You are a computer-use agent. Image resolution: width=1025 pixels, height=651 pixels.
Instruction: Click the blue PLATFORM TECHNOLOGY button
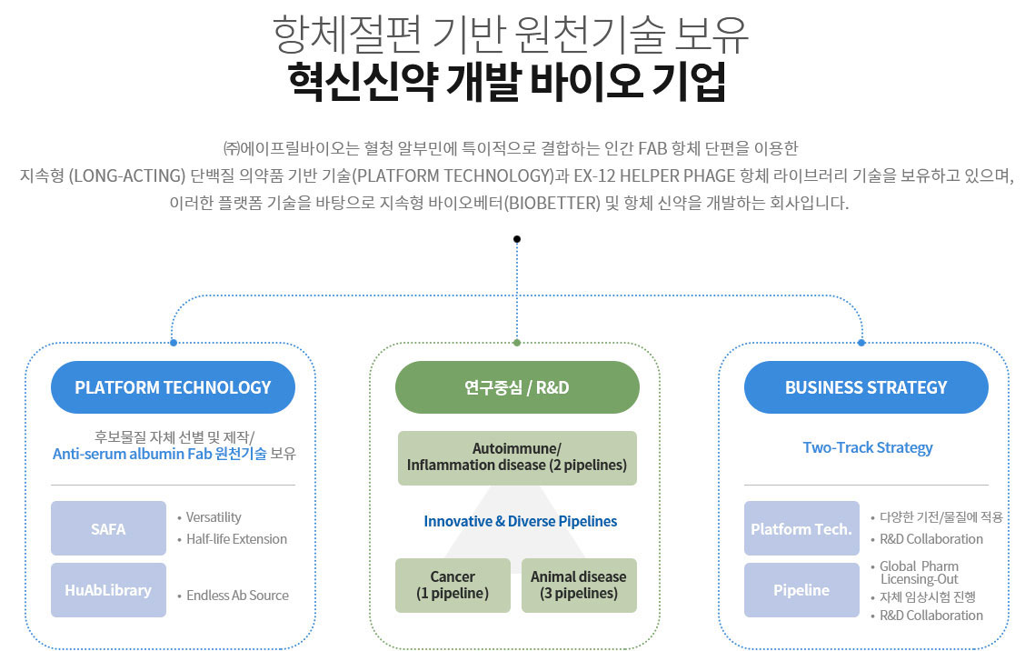(173, 387)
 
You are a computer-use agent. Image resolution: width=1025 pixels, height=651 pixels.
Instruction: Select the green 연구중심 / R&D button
(517, 387)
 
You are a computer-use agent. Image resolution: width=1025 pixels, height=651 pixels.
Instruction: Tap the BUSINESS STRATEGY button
(865, 387)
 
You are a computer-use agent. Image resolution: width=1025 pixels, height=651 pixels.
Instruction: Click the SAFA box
(108, 528)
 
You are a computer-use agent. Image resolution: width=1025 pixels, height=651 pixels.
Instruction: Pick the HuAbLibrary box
(108, 590)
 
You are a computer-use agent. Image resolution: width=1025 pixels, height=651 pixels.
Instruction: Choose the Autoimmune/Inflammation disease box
(517, 457)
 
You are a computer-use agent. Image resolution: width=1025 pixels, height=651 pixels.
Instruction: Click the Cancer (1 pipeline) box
(453, 585)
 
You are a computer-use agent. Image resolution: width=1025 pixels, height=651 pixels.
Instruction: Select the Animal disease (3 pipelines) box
(579, 585)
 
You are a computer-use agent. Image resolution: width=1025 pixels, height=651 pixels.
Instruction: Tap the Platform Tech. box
(801, 528)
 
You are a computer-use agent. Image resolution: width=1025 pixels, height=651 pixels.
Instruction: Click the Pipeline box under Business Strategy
(801, 590)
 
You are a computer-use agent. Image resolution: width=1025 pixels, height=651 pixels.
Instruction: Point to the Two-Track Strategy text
(867, 447)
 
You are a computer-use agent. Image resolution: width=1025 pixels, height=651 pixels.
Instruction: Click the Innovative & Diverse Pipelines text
(520, 521)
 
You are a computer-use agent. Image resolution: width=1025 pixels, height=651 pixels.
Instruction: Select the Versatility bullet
(214, 517)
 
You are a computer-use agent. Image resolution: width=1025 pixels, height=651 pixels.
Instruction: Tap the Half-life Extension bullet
(236, 539)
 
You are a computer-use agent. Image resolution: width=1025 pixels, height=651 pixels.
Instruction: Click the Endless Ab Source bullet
(237, 596)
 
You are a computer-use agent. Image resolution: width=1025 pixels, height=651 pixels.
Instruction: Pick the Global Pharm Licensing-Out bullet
(919, 572)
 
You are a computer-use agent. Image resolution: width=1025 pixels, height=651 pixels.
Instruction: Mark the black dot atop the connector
(517, 239)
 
